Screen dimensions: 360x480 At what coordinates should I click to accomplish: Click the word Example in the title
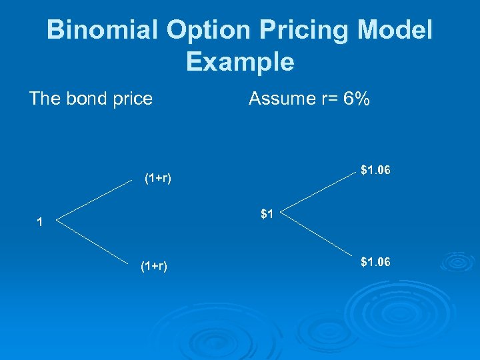click(x=240, y=62)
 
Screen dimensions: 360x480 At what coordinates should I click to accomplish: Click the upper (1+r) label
click(x=158, y=178)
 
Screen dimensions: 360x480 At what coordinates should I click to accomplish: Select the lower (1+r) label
click(x=153, y=267)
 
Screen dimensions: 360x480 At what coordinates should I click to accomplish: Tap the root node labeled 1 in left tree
click(x=40, y=223)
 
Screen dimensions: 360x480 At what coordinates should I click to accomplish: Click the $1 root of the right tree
click(x=267, y=214)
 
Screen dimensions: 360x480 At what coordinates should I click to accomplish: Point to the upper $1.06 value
click(x=375, y=171)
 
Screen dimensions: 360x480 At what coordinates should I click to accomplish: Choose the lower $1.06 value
click(x=375, y=262)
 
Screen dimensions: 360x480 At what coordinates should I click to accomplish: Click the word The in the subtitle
click(x=45, y=99)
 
